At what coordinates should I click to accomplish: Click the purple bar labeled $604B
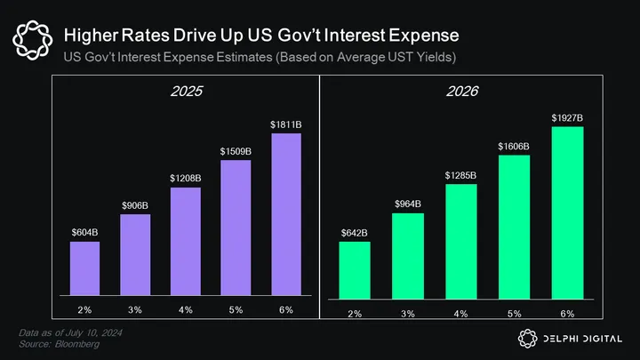[x=85, y=268]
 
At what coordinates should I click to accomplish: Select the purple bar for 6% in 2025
[x=286, y=214]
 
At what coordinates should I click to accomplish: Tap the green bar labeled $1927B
[x=567, y=212]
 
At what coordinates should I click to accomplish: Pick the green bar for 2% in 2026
[x=354, y=269]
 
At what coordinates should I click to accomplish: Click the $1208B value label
[x=186, y=179]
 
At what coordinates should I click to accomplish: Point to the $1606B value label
[x=514, y=145]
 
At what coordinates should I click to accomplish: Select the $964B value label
[x=407, y=204]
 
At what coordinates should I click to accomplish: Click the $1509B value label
[x=236, y=152]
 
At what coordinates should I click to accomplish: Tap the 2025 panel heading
[x=185, y=91]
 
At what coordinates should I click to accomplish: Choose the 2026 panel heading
[x=460, y=91]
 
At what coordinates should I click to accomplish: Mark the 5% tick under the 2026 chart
[x=514, y=315]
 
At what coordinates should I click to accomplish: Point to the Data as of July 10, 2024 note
[x=72, y=332]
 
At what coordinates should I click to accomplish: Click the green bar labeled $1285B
[x=460, y=240]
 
